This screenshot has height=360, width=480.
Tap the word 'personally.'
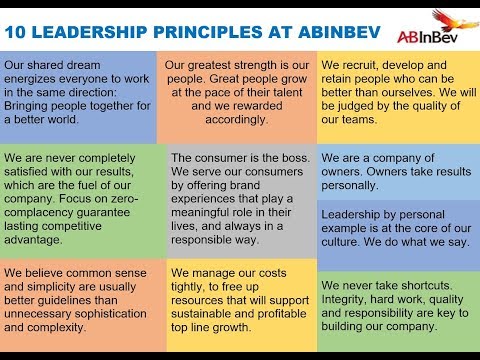click(355, 185)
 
